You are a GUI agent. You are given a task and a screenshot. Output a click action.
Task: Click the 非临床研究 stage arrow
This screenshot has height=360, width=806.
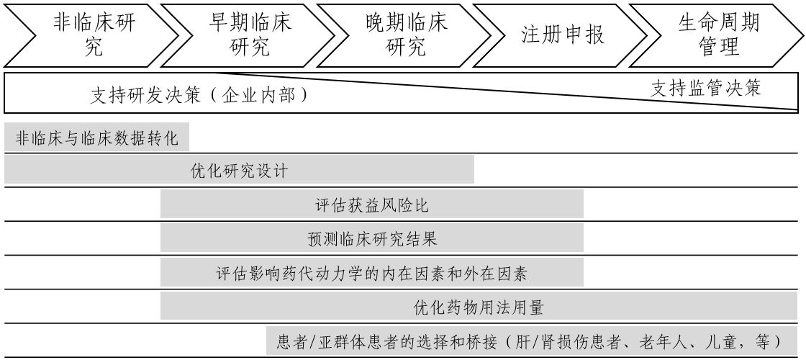(94, 35)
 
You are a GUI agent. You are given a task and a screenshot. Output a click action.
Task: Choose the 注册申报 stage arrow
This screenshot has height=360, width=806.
(562, 35)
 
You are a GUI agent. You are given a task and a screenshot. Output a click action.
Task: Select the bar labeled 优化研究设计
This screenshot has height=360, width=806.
(240, 171)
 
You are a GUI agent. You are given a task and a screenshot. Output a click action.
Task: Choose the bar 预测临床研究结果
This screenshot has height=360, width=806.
(371, 238)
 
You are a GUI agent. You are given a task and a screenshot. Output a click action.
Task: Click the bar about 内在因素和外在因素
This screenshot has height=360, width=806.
(371, 272)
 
